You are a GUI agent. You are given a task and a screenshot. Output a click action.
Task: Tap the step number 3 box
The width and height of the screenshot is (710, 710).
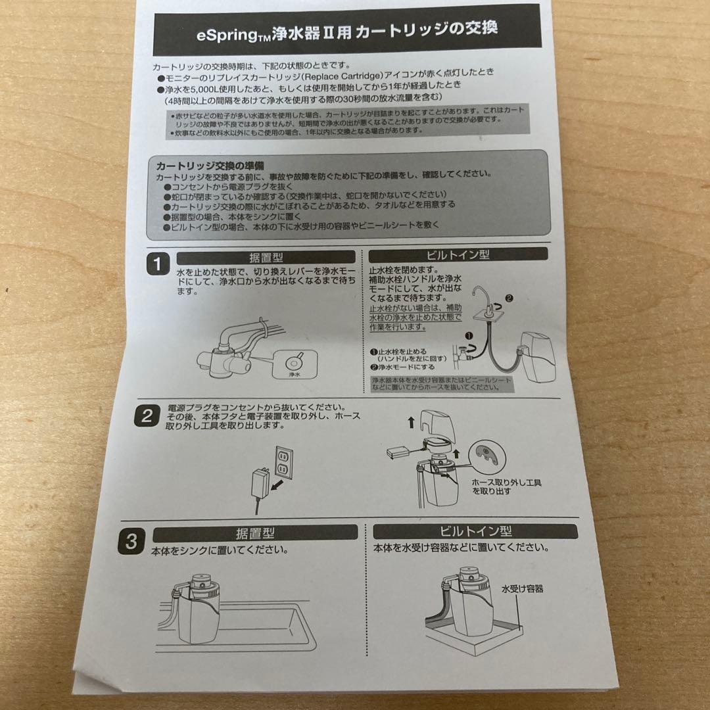coord(131,541)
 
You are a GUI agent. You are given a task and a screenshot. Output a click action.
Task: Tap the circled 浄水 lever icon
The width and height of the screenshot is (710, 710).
coord(293,363)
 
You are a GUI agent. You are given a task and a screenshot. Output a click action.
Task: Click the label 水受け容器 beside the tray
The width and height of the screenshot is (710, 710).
coord(522,589)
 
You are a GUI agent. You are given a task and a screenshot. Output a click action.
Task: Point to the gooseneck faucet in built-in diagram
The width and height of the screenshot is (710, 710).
coord(485,300)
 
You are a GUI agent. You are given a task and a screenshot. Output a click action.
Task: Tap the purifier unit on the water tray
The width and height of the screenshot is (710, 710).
coord(468,605)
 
